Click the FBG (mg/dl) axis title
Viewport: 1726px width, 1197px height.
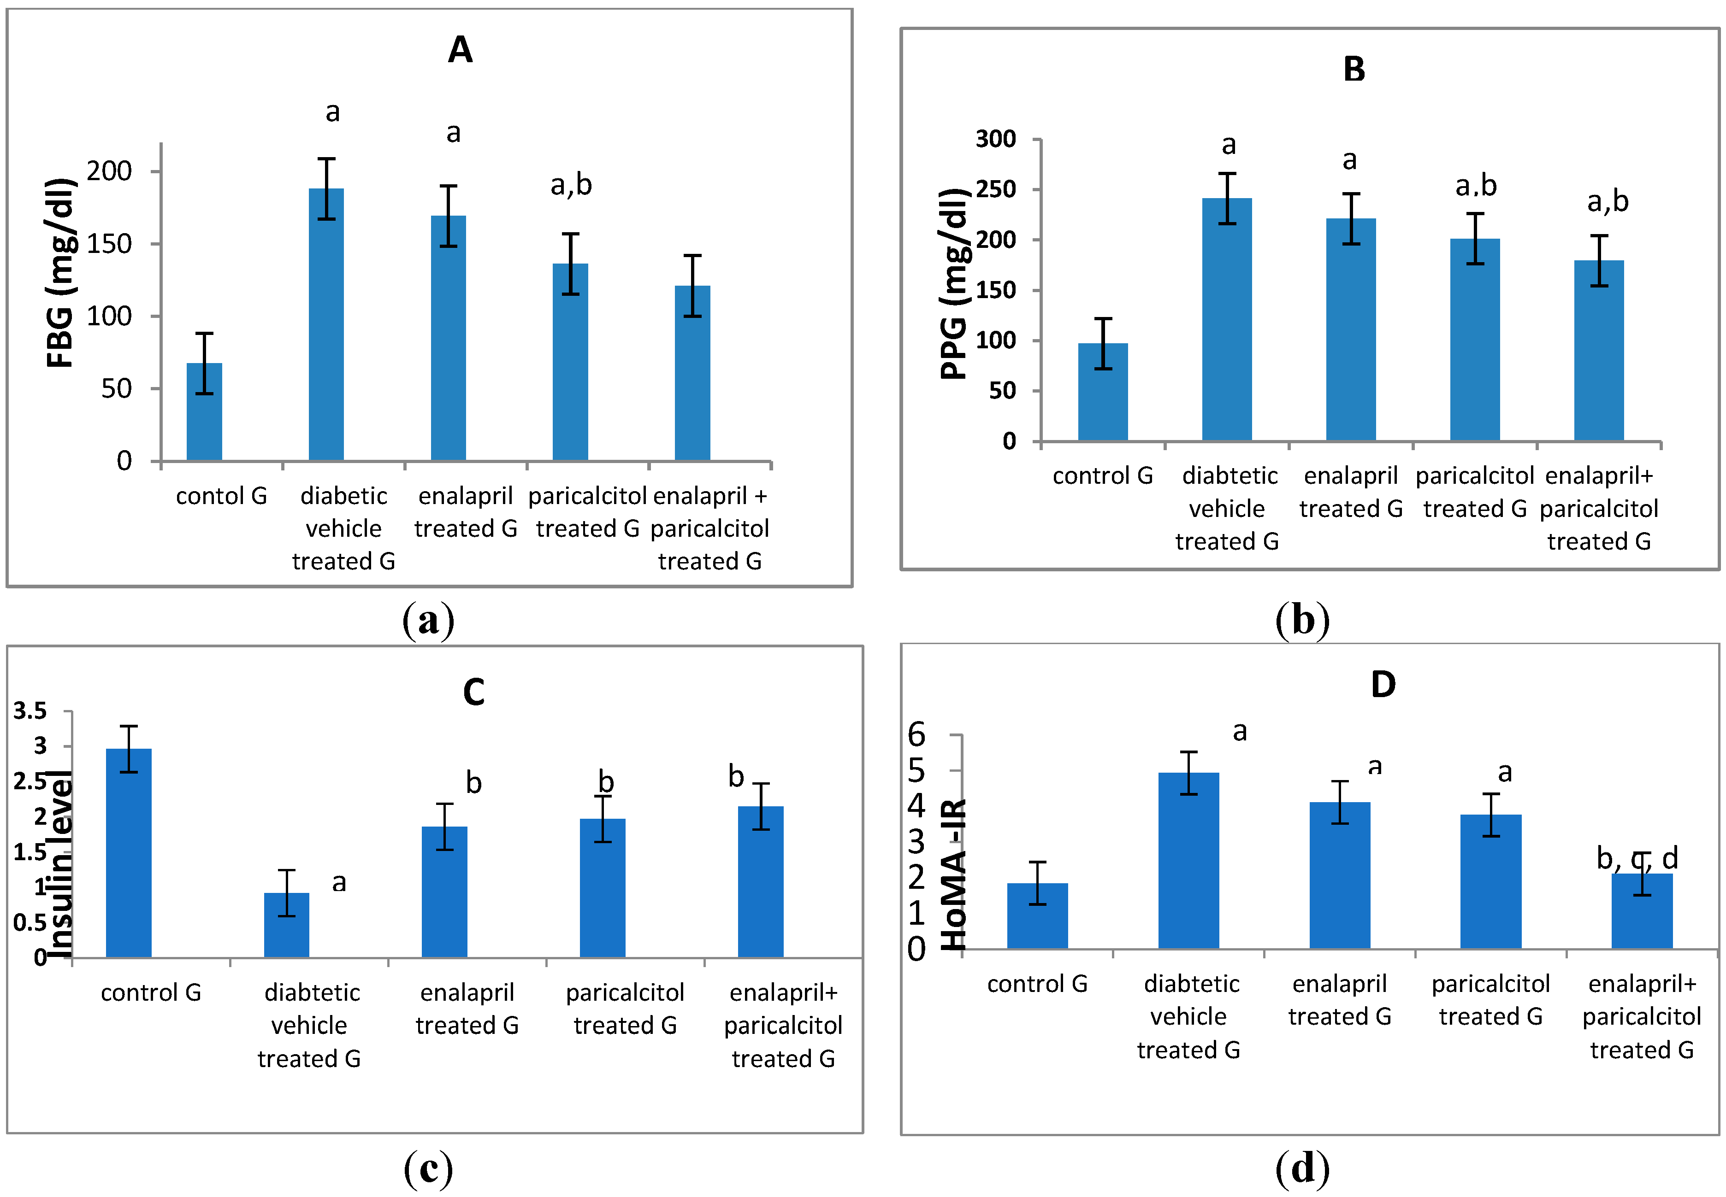click(x=60, y=274)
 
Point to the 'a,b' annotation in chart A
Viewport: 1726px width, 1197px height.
click(x=571, y=184)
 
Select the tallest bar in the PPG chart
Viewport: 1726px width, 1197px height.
click(x=1226, y=319)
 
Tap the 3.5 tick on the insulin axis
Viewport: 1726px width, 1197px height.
click(x=30, y=710)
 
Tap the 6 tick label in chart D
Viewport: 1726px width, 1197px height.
click(x=916, y=735)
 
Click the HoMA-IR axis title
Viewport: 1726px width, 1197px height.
click(x=953, y=874)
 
